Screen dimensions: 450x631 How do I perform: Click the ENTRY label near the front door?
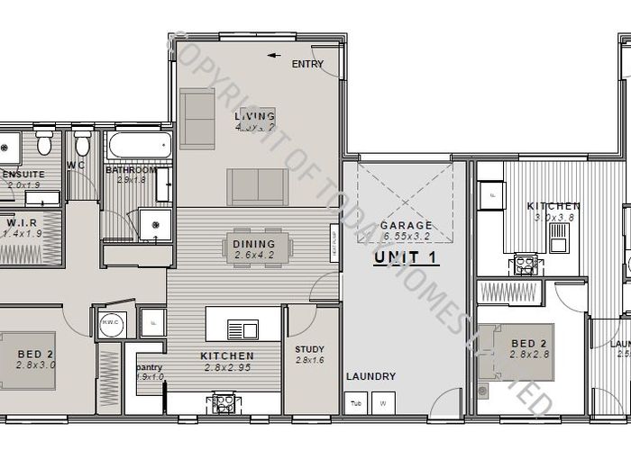click(x=306, y=65)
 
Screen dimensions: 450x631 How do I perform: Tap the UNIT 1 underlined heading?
click(x=406, y=258)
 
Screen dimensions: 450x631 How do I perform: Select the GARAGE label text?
click(x=406, y=225)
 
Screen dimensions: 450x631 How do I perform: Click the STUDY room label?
click(x=309, y=349)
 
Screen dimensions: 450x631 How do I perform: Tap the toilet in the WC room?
click(x=82, y=144)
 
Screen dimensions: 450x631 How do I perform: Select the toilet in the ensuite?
click(x=43, y=145)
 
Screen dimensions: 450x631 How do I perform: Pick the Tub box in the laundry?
click(x=356, y=403)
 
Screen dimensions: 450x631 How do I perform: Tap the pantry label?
click(x=149, y=367)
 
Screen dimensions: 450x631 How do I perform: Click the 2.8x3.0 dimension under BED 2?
click(x=36, y=364)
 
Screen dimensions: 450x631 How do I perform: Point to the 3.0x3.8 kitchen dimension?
click(x=553, y=217)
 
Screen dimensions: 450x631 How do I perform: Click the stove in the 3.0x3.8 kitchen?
click(x=525, y=263)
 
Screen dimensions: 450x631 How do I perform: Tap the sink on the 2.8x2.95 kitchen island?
click(x=242, y=328)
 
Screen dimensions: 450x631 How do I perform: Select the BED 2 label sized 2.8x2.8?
click(x=529, y=344)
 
